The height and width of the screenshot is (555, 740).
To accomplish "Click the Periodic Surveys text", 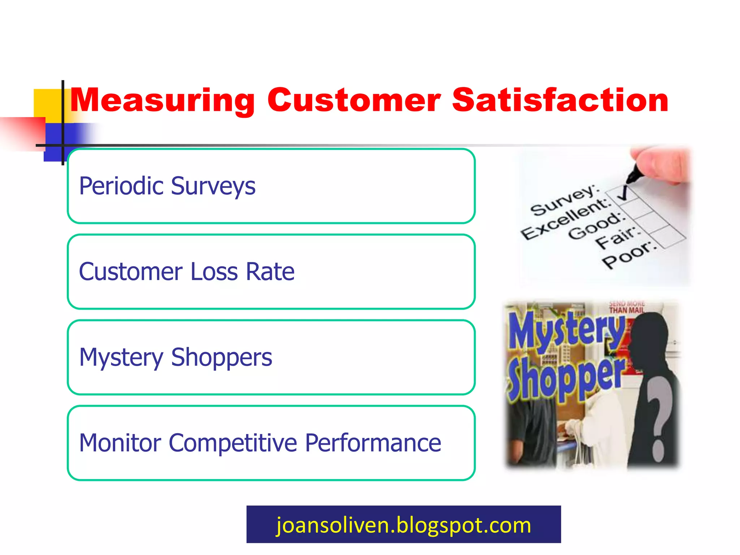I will [167, 186].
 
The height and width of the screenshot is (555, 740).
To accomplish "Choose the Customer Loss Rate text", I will [187, 272].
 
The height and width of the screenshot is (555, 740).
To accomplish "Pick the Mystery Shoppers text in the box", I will [176, 357].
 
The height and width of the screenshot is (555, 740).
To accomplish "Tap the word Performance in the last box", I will [373, 443].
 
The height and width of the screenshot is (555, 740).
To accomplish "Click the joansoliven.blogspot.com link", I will [404, 525].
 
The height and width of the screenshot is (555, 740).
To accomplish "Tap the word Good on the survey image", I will [596, 227].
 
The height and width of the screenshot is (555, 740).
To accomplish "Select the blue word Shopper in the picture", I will [565, 378].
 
